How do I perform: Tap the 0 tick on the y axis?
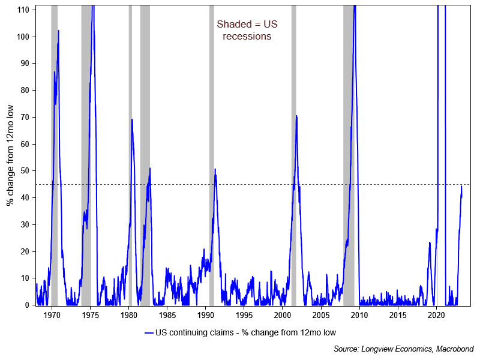(x=28, y=305)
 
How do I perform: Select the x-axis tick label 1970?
(x=52, y=314)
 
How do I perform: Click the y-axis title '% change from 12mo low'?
(x=10, y=155)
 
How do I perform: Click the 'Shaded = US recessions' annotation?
(x=247, y=30)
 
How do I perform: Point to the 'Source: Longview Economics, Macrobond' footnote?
(x=404, y=349)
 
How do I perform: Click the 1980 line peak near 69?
(x=132, y=119)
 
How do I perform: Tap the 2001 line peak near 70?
(x=296, y=116)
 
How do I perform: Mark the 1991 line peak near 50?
(x=215, y=170)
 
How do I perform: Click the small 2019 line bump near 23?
(x=430, y=242)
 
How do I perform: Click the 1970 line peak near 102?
(x=58, y=31)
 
